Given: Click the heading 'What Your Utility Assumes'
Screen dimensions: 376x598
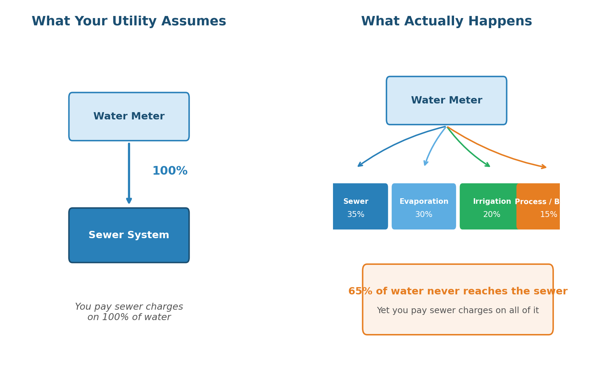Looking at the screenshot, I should click(129, 22).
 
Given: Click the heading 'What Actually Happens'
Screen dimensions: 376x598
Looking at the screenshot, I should click(446, 22).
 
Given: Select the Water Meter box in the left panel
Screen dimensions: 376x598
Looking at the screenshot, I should click(129, 116).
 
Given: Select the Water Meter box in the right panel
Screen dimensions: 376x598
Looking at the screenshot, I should click(446, 100).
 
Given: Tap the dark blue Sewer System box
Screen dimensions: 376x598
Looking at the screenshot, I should click(129, 235).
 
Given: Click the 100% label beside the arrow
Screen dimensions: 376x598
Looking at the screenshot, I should click(170, 171).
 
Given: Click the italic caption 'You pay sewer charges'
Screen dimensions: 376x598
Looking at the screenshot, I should click(129, 307).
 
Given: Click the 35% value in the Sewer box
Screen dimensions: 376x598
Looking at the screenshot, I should click(356, 215).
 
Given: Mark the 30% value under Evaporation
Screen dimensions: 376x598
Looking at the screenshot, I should click(424, 215).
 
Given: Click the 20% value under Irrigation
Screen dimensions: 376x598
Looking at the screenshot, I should click(492, 215).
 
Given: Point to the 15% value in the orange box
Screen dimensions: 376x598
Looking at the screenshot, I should click(548, 215).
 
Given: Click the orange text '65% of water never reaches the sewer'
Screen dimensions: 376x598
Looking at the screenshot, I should click(458, 291).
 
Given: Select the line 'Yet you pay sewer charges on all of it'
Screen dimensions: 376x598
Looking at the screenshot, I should click(458, 310).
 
